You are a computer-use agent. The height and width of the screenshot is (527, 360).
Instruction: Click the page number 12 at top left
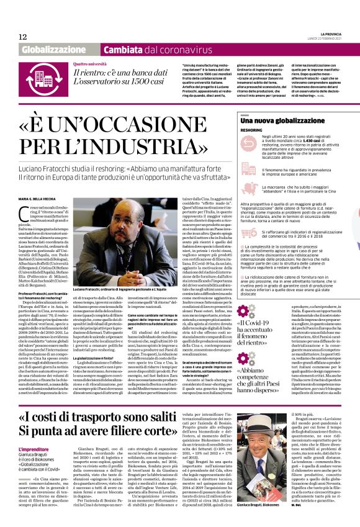[x=23, y=37]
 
